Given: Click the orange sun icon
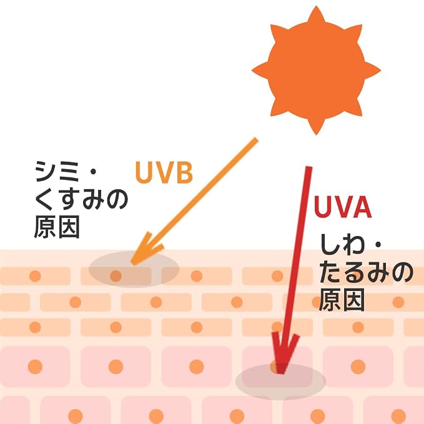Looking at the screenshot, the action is [x=316, y=71].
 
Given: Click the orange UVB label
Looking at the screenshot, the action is [x=164, y=172].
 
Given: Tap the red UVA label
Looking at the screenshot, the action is [x=343, y=207].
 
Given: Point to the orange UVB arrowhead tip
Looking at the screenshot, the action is [x=132, y=264].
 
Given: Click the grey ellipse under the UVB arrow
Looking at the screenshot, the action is [x=134, y=269].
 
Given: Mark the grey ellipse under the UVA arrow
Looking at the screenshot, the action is [x=280, y=382].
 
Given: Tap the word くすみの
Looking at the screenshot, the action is [x=81, y=199].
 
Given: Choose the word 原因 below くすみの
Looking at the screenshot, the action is [x=57, y=227].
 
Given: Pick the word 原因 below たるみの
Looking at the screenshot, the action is [x=342, y=300].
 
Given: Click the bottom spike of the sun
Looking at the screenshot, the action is [x=316, y=127].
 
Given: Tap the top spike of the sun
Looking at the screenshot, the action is [x=316, y=14].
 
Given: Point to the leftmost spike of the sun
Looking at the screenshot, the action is [x=260, y=71].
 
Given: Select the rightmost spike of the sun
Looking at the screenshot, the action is [x=373, y=71].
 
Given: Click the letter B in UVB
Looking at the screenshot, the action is [x=184, y=172].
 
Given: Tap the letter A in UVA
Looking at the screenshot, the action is [x=362, y=207].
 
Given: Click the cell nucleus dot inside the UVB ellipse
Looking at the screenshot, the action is [x=116, y=276].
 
